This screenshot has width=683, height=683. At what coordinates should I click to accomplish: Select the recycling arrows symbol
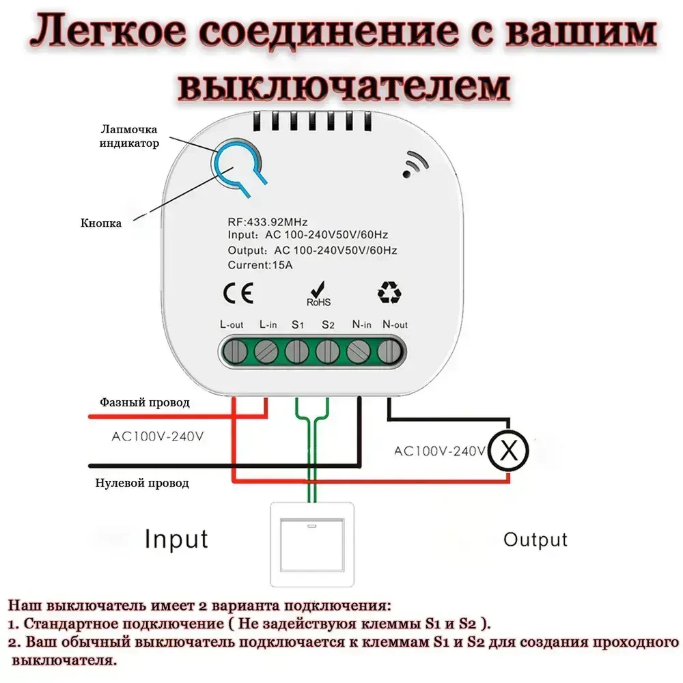(389, 292)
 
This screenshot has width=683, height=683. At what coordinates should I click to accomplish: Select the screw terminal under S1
(296, 352)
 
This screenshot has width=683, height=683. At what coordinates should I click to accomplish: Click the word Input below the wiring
(176, 539)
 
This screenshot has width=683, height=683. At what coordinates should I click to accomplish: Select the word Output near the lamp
(535, 540)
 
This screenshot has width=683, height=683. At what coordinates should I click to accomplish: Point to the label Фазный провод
(145, 403)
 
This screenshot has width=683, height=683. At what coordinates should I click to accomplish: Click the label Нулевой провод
(143, 483)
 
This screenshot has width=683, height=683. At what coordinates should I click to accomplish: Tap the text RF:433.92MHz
(268, 223)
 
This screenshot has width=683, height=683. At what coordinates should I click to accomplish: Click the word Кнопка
(101, 223)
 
